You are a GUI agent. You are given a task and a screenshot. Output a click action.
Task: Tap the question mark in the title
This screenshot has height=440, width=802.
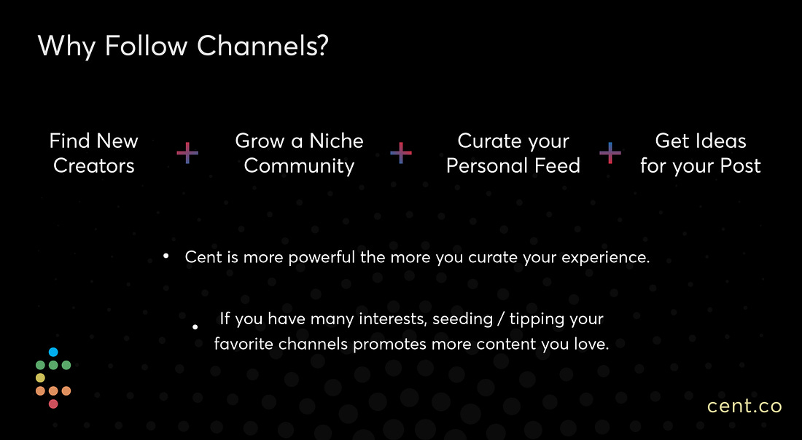coord(322,45)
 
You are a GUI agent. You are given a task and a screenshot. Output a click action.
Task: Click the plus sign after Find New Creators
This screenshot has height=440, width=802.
coord(187,153)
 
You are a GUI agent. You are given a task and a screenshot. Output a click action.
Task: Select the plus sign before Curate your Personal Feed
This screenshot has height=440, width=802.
coord(400,153)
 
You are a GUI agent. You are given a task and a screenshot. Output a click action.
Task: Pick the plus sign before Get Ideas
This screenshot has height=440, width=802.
coord(610,153)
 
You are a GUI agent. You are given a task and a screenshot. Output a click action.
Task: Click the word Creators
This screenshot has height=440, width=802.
coord(93,165)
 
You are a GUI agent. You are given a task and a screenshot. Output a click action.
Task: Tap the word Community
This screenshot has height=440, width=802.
coord(299,166)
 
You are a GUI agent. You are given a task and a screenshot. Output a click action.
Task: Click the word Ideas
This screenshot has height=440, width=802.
coord(723,141)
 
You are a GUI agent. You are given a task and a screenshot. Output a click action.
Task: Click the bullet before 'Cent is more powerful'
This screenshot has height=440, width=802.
coord(166,256)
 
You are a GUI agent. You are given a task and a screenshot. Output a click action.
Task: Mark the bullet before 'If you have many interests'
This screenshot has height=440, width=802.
coord(195,326)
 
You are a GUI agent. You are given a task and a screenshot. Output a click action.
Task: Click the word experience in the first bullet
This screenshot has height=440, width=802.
coord(606,258)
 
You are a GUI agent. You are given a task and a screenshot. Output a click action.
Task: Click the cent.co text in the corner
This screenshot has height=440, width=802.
coord(744,406)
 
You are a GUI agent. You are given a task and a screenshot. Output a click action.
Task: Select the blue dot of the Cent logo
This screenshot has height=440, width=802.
coord(53,352)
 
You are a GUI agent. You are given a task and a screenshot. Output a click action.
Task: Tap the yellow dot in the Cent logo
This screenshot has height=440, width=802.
coord(40,377)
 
